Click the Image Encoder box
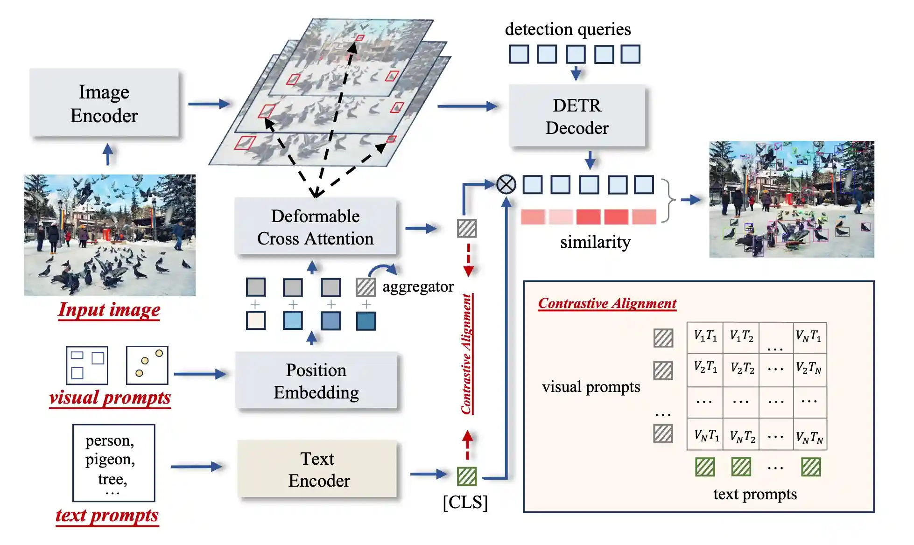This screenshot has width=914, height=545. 104,104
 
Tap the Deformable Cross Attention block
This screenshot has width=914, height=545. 316,227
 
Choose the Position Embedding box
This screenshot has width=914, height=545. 316,381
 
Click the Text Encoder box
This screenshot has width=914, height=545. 318,469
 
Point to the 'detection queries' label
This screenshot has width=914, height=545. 568,29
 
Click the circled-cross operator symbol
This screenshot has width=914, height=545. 506,184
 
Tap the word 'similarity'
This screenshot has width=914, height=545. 595,242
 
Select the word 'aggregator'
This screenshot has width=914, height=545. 418,286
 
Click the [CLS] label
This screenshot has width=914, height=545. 465,503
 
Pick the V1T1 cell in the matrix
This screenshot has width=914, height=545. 705,336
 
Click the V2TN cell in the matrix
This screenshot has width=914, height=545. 809,368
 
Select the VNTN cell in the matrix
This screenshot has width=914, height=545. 809,437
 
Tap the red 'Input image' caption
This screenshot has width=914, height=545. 109,310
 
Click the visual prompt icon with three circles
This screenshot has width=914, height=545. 147,365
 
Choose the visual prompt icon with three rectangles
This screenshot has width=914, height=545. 87,365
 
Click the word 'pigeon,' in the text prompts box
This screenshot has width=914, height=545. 110,460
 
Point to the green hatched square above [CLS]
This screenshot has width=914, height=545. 467,476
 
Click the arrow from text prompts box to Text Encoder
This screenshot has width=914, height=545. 196,467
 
